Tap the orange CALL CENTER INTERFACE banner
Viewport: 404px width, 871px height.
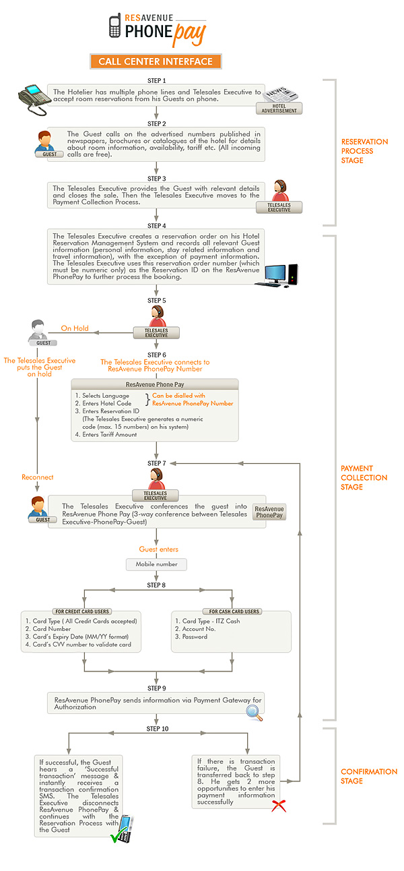(156, 61)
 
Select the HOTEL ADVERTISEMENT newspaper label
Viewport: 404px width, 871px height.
(279, 108)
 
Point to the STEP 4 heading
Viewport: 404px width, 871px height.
(156, 225)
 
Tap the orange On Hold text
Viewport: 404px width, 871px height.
(75, 328)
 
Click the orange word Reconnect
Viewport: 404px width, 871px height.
(37, 477)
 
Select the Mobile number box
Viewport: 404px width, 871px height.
(156, 564)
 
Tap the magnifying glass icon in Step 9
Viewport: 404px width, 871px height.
(254, 713)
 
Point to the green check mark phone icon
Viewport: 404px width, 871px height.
(123, 829)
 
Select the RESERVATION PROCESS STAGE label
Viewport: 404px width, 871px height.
(364, 151)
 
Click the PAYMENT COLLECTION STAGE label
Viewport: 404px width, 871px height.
(364, 477)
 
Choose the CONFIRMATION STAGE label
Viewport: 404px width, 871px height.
(369, 776)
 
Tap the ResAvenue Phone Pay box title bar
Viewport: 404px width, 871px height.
(155, 384)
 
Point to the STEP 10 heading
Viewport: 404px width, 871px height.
(158, 729)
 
